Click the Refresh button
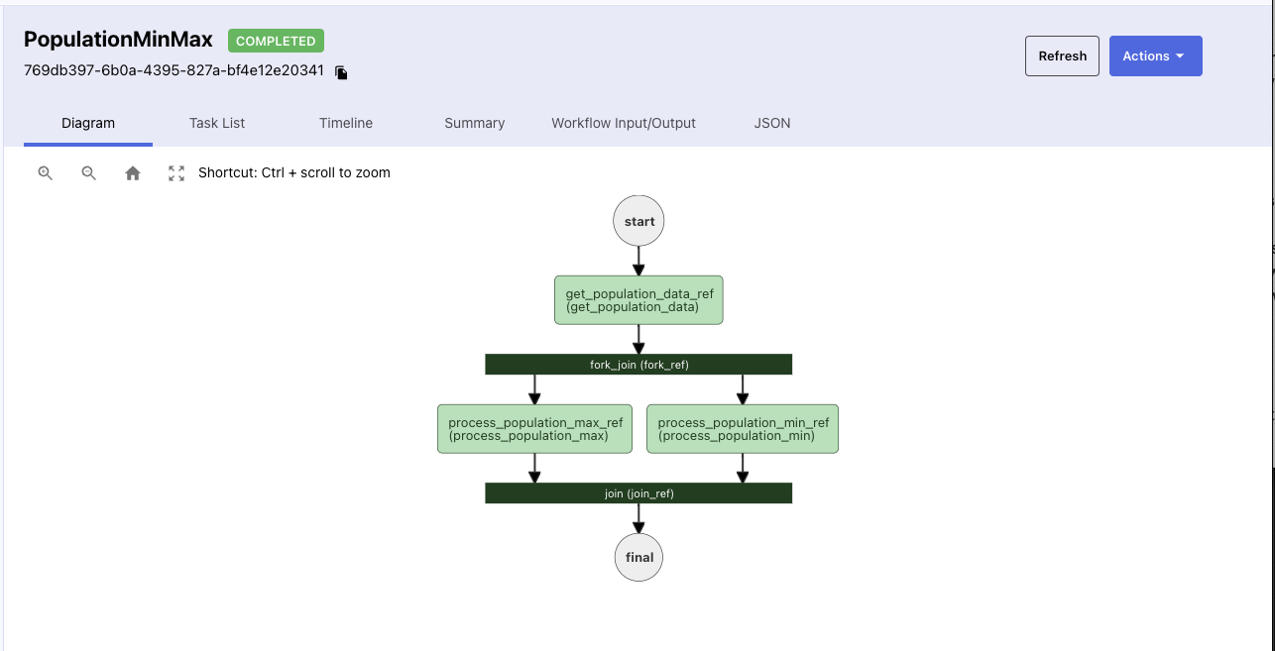pos(1062,56)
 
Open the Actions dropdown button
pos(1155,56)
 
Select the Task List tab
pos(217,123)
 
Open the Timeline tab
pos(346,123)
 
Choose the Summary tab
pos(474,123)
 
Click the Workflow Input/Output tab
pos(624,123)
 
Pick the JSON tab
pos(772,123)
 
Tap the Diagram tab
pos(88,123)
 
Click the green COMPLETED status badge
pos(276,41)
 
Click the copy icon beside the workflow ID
pos(341,72)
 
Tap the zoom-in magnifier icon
pos(45,173)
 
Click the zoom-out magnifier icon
pos(88,173)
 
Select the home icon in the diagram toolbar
pos(133,173)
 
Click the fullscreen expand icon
pos(176,173)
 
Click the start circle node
pos(638,221)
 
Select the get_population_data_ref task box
pos(638,300)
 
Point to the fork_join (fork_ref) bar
pos(638,365)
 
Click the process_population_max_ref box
pos(534,429)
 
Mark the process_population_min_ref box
pos(743,429)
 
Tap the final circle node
pos(638,557)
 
